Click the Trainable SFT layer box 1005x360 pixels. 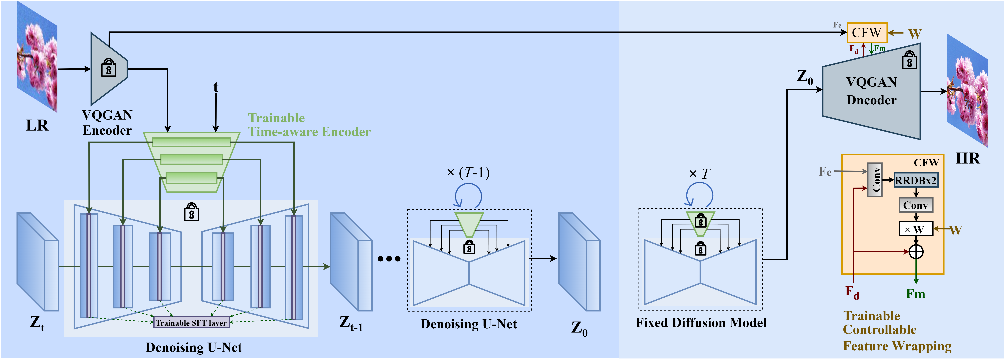pyautogui.click(x=191, y=322)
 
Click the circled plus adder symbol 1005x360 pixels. pyautogui.click(x=916, y=252)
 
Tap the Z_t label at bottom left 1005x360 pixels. pyautogui.click(x=37, y=323)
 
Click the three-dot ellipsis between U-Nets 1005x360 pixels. pyautogui.click(x=389, y=259)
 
